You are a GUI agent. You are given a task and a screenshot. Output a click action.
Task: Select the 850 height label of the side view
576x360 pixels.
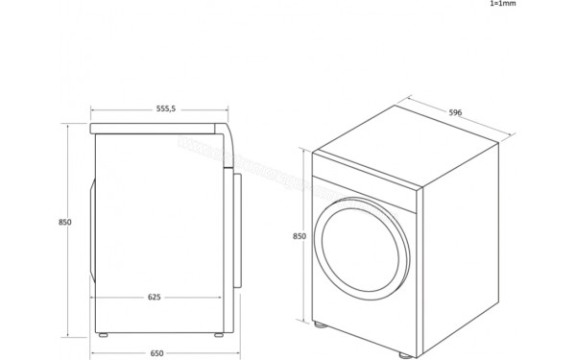click(64, 222)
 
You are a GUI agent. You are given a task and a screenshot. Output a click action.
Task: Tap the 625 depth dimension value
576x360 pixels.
click(155, 297)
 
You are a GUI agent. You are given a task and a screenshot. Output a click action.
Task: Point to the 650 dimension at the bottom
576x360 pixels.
click(156, 353)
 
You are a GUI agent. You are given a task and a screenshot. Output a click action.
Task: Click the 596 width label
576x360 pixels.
click(456, 112)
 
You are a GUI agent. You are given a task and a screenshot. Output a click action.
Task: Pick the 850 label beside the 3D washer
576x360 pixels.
click(299, 236)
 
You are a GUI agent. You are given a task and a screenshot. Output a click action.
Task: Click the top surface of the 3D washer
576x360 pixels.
click(403, 153)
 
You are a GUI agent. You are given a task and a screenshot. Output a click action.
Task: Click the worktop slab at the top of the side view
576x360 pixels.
click(158, 128)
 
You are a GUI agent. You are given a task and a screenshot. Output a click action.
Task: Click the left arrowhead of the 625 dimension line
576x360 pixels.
click(93, 297)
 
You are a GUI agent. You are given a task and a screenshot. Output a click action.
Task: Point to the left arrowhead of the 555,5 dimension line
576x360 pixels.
click(92, 108)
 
